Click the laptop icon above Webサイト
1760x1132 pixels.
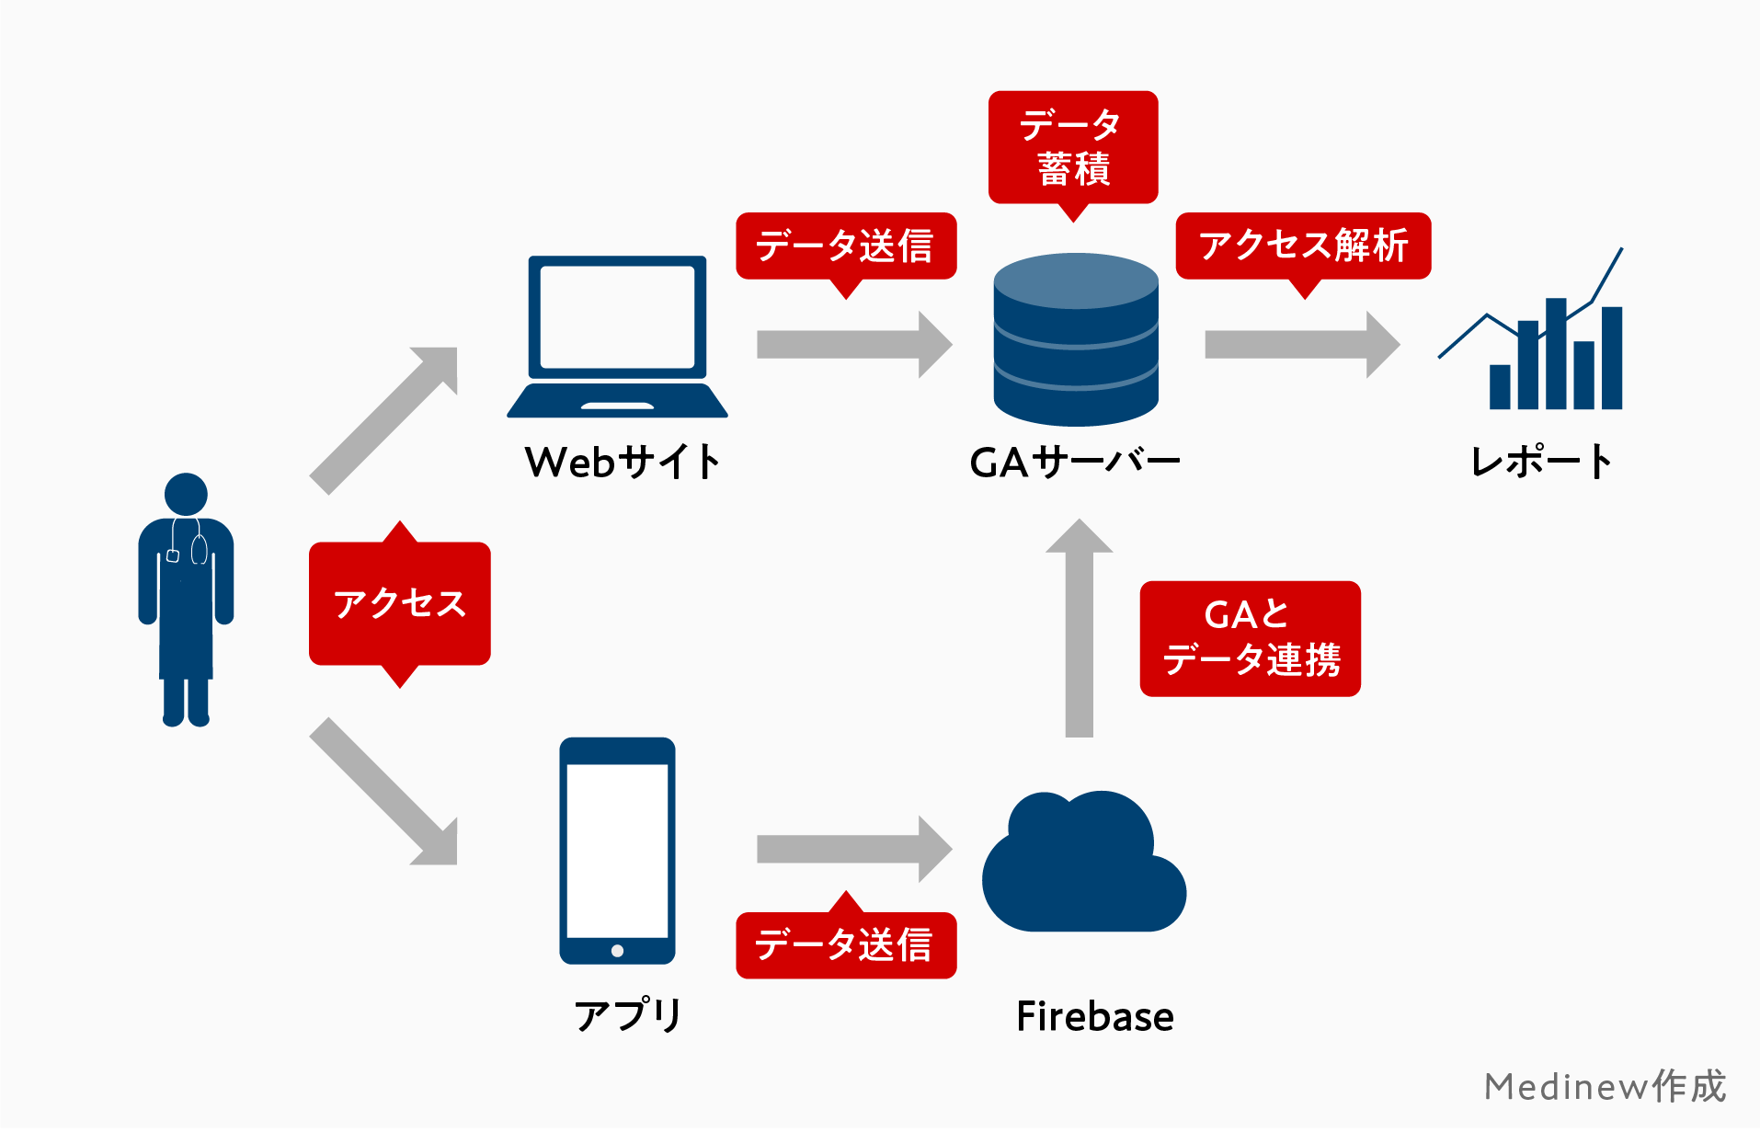click(x=617, y=336)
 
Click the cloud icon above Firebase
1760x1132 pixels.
click(x=1083, y=869)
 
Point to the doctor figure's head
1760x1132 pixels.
click(x=186, y=494)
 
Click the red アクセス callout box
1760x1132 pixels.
click(x=399, y=603)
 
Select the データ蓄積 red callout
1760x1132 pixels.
click(x=1072, y=147)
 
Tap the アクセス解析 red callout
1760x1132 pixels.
click(x=1302, y=246)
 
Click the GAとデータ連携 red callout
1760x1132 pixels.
click(x=1249, y=638)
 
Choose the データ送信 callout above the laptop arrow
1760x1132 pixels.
click(x=845, y=246)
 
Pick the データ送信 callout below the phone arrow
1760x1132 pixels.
click(x=845, y=944)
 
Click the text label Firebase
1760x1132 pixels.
click(x=1094, y=1016)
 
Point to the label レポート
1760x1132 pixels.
click(x=1540, y=462)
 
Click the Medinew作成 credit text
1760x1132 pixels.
click(x=1605, y=1086)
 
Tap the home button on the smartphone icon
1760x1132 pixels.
click(x=617, y=951)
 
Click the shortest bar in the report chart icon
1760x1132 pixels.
click(x=1499, y=386)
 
